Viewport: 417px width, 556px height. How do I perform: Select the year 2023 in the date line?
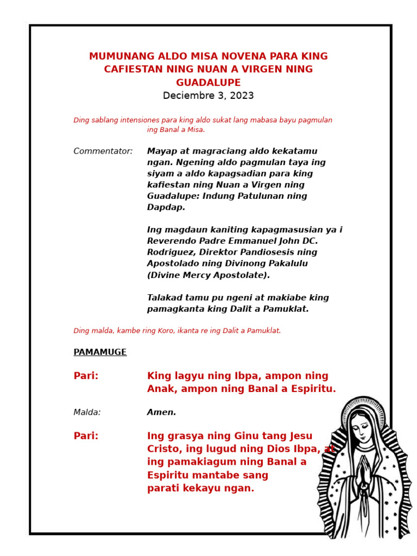coord(243,96)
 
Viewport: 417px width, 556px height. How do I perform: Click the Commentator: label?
coord(103,151)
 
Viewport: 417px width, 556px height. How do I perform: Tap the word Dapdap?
coord(166,207)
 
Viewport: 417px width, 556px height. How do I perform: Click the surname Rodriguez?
coord(170,252)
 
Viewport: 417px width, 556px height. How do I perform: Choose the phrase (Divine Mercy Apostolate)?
coord(208,275)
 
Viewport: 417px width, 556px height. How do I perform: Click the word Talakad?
coord(165,298)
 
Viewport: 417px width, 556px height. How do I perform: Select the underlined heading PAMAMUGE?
coord(100,352)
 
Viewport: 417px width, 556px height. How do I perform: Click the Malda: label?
coord(87,413)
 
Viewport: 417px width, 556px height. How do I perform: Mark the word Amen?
coord(161,413)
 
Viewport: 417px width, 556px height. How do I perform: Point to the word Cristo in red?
coord(163,449)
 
